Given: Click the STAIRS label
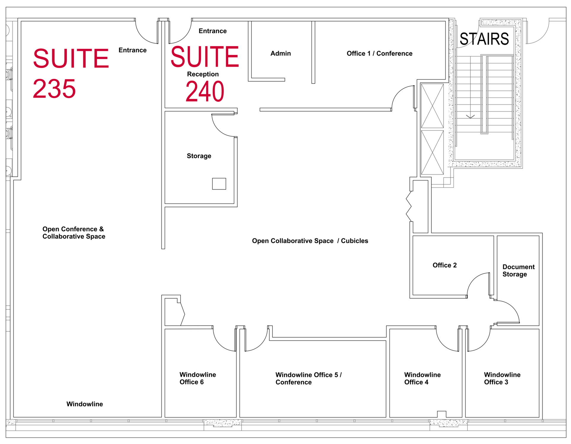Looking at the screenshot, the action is tap(484, 39).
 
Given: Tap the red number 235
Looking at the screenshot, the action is tap(54, 89).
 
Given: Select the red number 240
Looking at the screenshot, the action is tap(205, 91).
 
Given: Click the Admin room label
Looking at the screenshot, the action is tap(281, 54).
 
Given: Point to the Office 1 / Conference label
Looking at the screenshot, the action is tap(380, 54).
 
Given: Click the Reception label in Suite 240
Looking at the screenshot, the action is tap(203, 74).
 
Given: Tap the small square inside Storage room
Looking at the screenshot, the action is tap(219, 184).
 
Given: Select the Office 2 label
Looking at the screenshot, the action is tap(444, 265).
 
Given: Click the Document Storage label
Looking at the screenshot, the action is tap(519, 271).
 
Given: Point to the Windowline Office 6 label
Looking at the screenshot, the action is tap(198, 378).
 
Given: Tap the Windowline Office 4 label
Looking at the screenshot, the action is tap(422, 379).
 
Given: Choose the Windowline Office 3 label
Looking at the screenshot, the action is tap(502, 378).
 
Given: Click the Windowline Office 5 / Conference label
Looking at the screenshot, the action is tap(308, 379).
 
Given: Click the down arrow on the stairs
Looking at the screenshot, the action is tap(470, 117).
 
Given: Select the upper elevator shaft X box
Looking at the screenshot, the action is tap(432, 106).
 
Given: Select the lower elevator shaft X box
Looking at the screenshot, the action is tap(432, 152).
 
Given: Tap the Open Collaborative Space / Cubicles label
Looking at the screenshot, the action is tap(310, 241).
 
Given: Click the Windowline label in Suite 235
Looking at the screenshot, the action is tap(85, 404).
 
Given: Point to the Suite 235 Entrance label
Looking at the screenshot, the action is tap(132, 50).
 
